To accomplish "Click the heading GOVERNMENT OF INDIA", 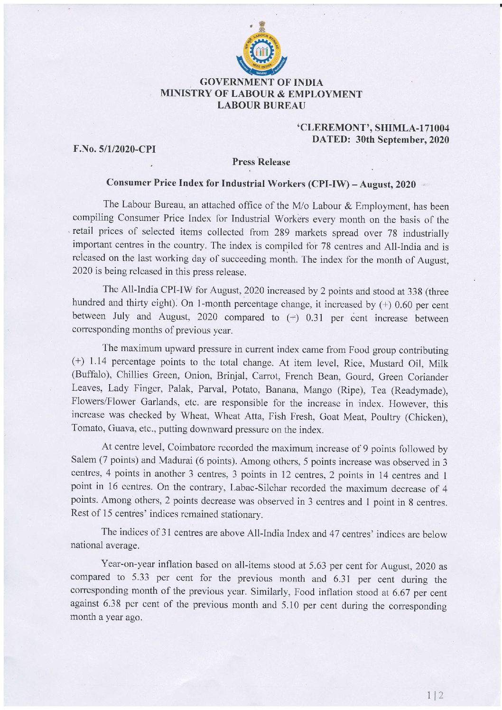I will tap(262, 83).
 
